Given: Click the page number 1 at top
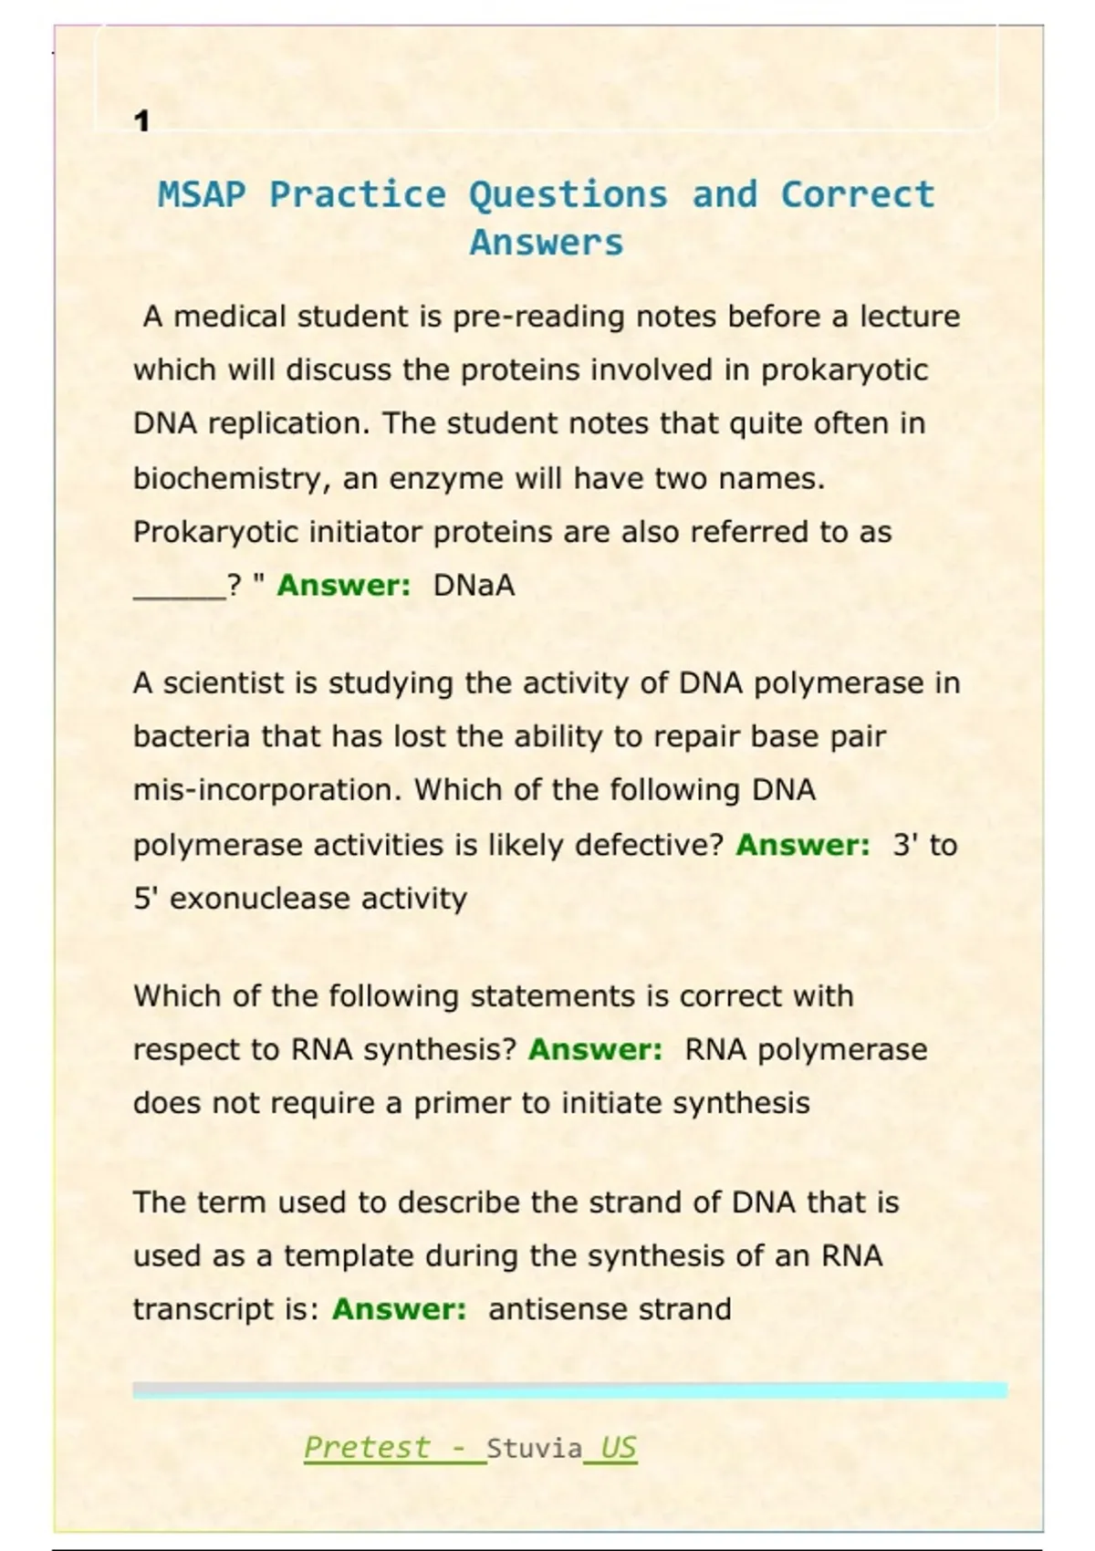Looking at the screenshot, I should coord(141,121).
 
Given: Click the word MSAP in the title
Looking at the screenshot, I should coord(202,195).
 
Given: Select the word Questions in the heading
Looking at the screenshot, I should coord(568,195).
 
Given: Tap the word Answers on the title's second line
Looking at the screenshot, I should coord(546,244).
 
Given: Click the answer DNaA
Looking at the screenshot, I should coord(474,586).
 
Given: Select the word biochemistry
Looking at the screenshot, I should coord(232,479).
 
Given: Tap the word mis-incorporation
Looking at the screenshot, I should coord(266,790).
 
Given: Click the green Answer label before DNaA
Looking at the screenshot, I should coord(344,586).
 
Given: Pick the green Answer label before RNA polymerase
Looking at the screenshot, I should coord(595,1050).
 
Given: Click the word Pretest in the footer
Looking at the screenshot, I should coord(366,1448).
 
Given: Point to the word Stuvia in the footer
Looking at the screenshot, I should coord(534,1449).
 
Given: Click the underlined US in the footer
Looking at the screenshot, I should coord(619,1448).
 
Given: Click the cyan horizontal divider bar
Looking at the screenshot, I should coord(569,1390).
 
